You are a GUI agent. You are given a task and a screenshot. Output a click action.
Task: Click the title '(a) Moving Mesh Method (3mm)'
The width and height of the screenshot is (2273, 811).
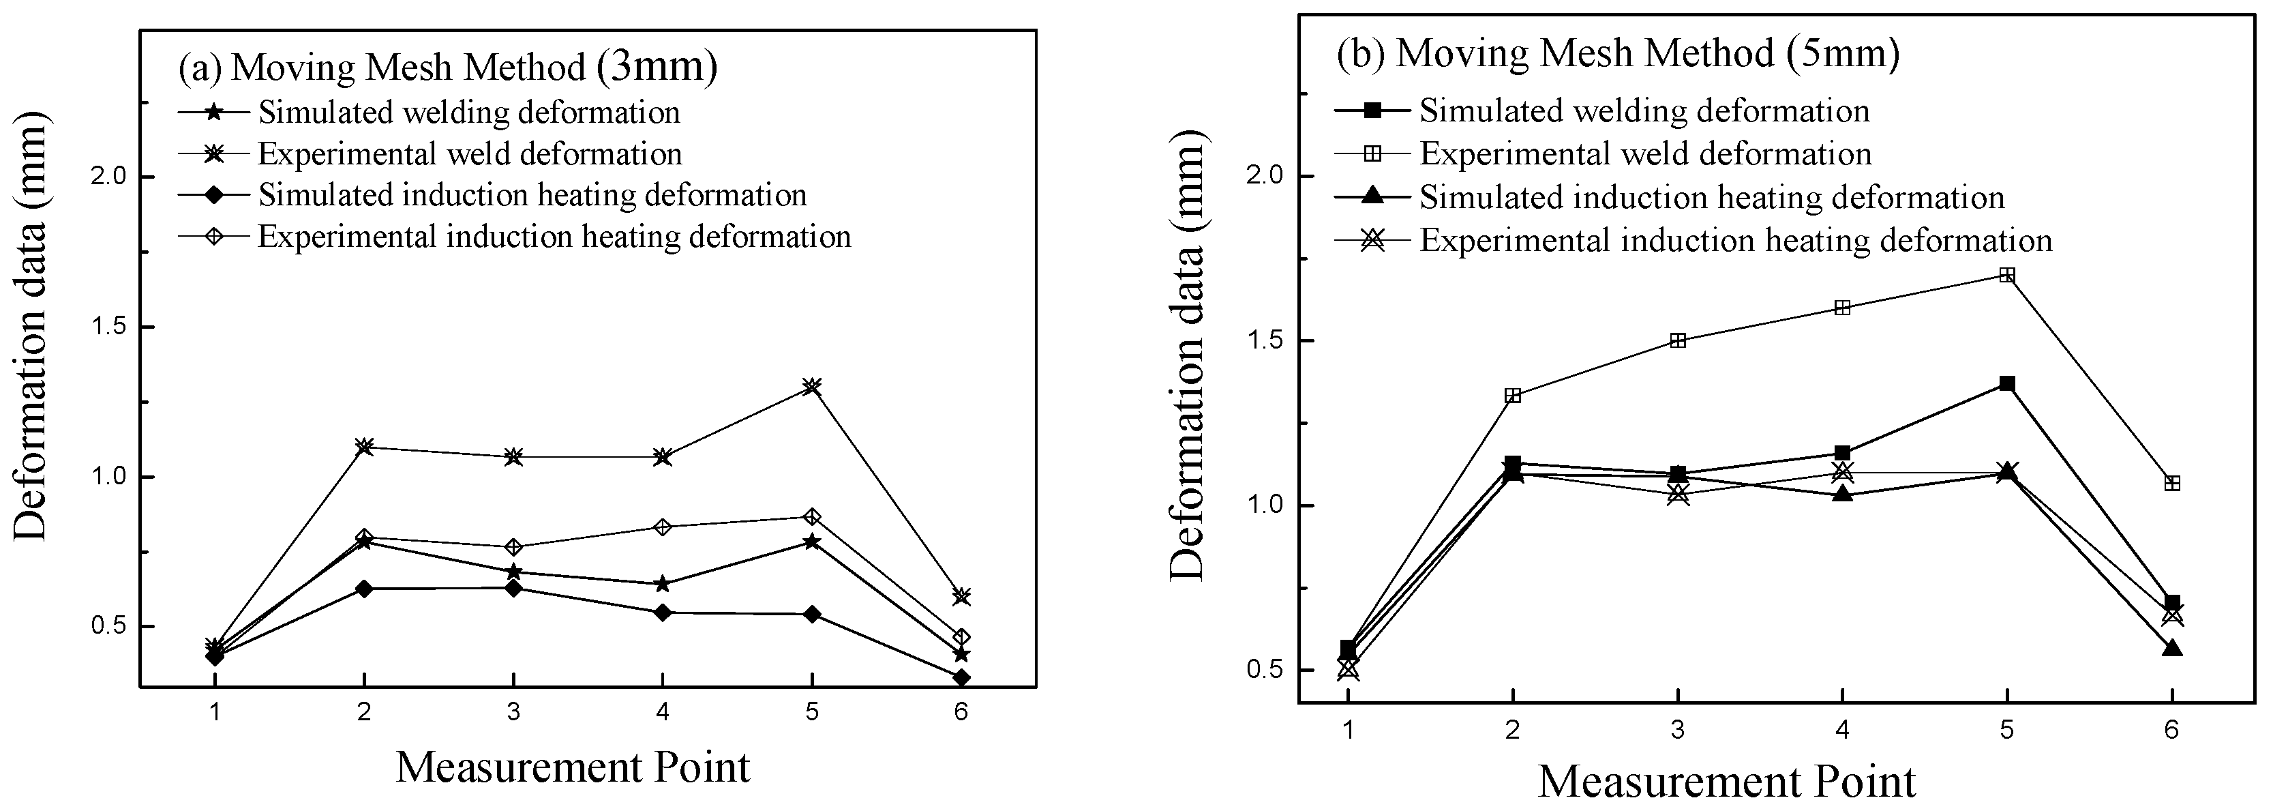click(x=447, y=68)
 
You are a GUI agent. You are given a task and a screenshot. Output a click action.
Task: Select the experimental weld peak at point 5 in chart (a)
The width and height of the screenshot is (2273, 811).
click(x=812, y=387)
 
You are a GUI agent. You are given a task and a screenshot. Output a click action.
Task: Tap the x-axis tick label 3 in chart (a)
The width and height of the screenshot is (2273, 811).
click(x=513, y=711)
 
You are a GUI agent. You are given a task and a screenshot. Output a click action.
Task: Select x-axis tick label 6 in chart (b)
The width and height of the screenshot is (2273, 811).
click(x=2171, y=729)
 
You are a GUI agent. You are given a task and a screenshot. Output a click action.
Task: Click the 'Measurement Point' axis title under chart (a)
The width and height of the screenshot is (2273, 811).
click(x=573, y=766)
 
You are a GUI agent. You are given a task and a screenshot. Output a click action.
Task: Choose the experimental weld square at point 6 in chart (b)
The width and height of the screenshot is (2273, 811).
click(x=2172, y=484)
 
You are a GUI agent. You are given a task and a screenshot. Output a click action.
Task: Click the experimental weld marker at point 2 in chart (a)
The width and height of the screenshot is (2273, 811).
click(x=363, y=447)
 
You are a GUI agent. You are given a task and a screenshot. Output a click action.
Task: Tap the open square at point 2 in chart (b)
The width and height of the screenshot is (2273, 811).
click(x=1512, y=396)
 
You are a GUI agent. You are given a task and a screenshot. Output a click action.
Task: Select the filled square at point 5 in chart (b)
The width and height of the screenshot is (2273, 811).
click(x=2006, y=384)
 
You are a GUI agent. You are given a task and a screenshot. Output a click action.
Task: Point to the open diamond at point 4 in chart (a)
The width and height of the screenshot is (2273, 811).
click(x=663, y=527)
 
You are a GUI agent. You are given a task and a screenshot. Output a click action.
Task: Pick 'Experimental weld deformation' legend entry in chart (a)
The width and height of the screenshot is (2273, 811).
click(x=470, y=153)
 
